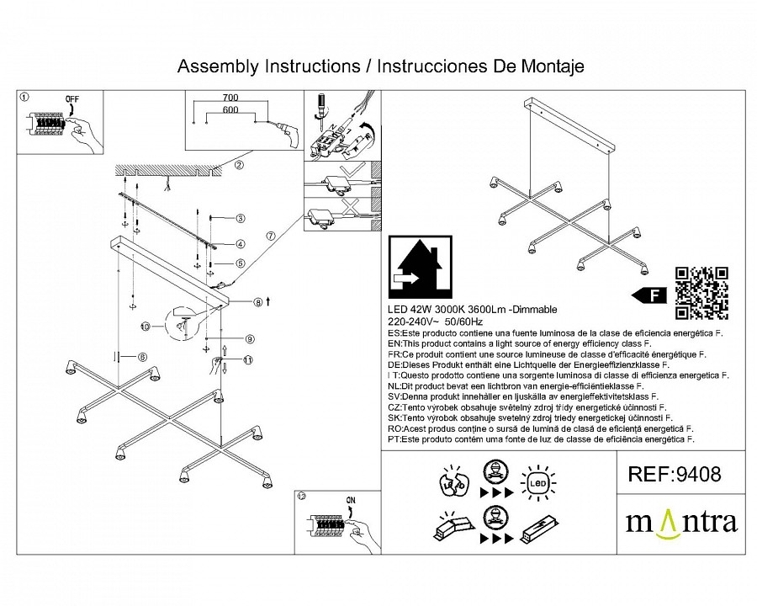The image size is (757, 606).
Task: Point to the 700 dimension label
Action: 231,98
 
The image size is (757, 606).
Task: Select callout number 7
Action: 270,237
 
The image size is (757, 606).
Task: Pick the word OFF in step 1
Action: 71,99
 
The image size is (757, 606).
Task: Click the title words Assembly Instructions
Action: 265,66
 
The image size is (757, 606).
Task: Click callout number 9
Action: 250,339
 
